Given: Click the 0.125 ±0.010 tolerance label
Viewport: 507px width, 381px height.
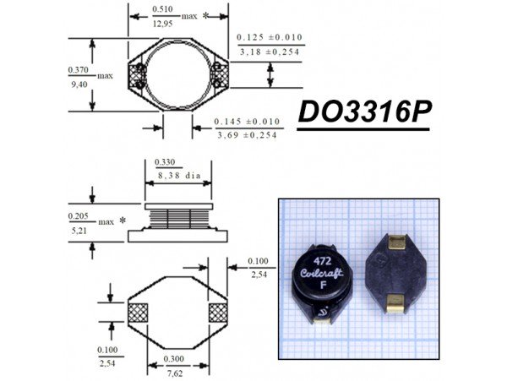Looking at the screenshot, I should (x=269, y=37).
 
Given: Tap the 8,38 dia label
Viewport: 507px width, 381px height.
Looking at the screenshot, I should (x=177, y=177).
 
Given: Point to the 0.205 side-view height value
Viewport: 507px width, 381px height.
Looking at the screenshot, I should (x=79, y=215).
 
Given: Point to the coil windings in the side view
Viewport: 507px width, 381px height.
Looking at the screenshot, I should (x=177, y=218).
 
